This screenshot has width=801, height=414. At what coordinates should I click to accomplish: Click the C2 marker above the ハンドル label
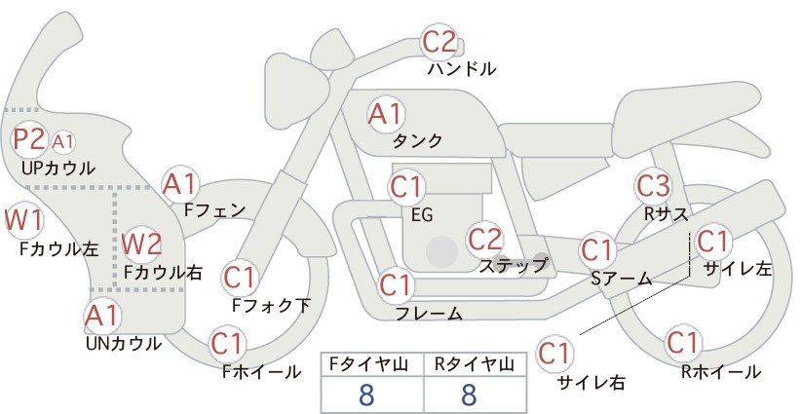pyautogui.click(x=439, y=42)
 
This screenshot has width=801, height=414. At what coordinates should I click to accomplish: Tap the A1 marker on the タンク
pyautogui.click(x=386, y=113)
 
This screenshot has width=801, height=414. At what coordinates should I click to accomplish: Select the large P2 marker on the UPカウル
pyautogui.click(x=29, y=139)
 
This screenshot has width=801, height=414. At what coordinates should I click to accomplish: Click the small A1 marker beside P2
pyautogui.click(x=62, y=142)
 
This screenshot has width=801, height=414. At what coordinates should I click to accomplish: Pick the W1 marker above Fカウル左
pyautogui.click(x=23, y=220)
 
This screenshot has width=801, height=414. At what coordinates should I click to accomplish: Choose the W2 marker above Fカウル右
pyautogui.click(x=142, y=244)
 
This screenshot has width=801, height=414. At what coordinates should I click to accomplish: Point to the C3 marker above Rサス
pyautogui.click(x=653, y=186)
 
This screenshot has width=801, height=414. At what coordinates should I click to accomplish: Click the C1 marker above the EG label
pyautogui.click(x=406, y=187)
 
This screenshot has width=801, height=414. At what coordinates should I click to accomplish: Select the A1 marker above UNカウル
pyautogui.click(x=102, y=316)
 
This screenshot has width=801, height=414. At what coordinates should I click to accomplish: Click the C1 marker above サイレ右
pyautogui.click(x=554, y=353)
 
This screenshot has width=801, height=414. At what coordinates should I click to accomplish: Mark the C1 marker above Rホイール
pyautogui.click(x=682, y=343)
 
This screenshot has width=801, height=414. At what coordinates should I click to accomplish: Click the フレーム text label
pyautogui.click(x=429, y=314)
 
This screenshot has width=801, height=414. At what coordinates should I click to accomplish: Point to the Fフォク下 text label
pyautogui.click(x=271, y=305)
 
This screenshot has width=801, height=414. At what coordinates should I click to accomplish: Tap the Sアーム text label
pyautogui.click(x=621, y=279)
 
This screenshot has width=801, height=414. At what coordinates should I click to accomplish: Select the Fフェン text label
pyautogui.click(x=214, y=209)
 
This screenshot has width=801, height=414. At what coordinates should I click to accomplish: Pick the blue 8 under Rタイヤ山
pyautogui.click(x=469, y=395)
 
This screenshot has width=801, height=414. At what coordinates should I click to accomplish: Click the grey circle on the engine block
pyautogui.click(x=441, y=251)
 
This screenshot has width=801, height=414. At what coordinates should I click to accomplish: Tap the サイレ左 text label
pyautogui.click(x=737, y=269)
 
